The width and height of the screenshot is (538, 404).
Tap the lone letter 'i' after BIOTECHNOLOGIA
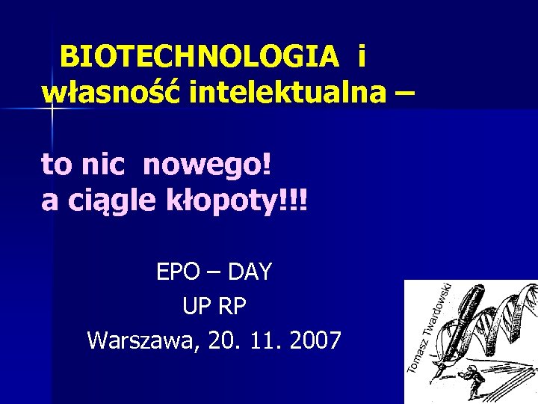point(362,56)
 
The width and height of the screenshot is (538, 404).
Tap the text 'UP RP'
point(214,307)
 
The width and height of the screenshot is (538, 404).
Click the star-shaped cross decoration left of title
point(52,110)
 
